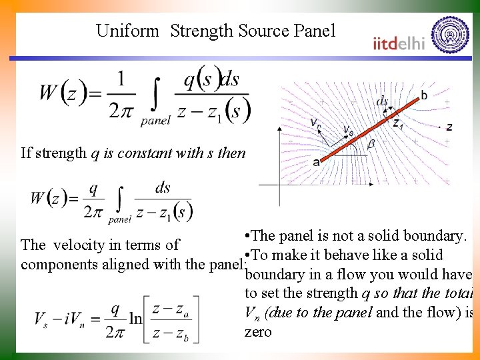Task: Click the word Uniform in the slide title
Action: point(127,31)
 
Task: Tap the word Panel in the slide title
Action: point(313,31)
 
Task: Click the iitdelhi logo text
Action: point(399,43)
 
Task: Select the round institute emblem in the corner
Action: point(450,34)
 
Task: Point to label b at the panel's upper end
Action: point(424,95)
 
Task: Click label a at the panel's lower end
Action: point(315,161)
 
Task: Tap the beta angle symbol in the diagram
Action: point(371,143)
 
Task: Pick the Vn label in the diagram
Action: point(317,122)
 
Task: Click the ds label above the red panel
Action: point(383,101)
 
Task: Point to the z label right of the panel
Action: point(449,126)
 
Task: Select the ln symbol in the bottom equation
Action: point(135,319)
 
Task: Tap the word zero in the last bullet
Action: point(259,331)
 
